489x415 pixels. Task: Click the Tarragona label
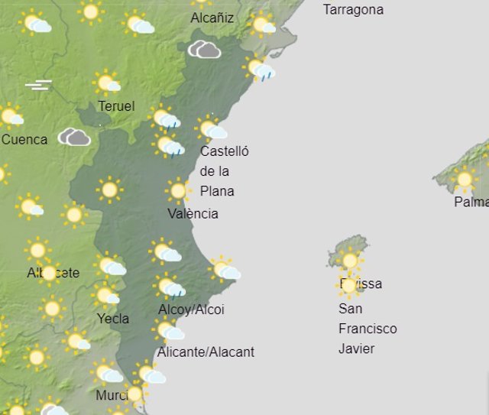353,10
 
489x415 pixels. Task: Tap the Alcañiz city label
212,18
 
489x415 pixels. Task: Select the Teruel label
116,105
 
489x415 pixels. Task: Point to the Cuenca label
24,139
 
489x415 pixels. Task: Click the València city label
193,213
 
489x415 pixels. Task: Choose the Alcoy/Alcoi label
191,310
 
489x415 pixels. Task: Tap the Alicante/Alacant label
205,352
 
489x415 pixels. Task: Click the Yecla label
113,318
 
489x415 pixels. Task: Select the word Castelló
224,151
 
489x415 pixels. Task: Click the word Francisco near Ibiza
368,329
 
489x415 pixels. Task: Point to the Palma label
471,203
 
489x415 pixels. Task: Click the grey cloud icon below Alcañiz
205,50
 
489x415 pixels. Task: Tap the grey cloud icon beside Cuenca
75,138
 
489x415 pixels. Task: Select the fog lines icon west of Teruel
38,84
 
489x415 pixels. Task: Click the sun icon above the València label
178,190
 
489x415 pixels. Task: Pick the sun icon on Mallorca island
464,180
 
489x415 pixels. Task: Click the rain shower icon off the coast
260,70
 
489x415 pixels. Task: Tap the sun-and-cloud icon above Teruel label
107,83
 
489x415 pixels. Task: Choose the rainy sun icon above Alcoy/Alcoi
169,287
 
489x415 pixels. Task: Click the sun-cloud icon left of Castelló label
209,128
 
